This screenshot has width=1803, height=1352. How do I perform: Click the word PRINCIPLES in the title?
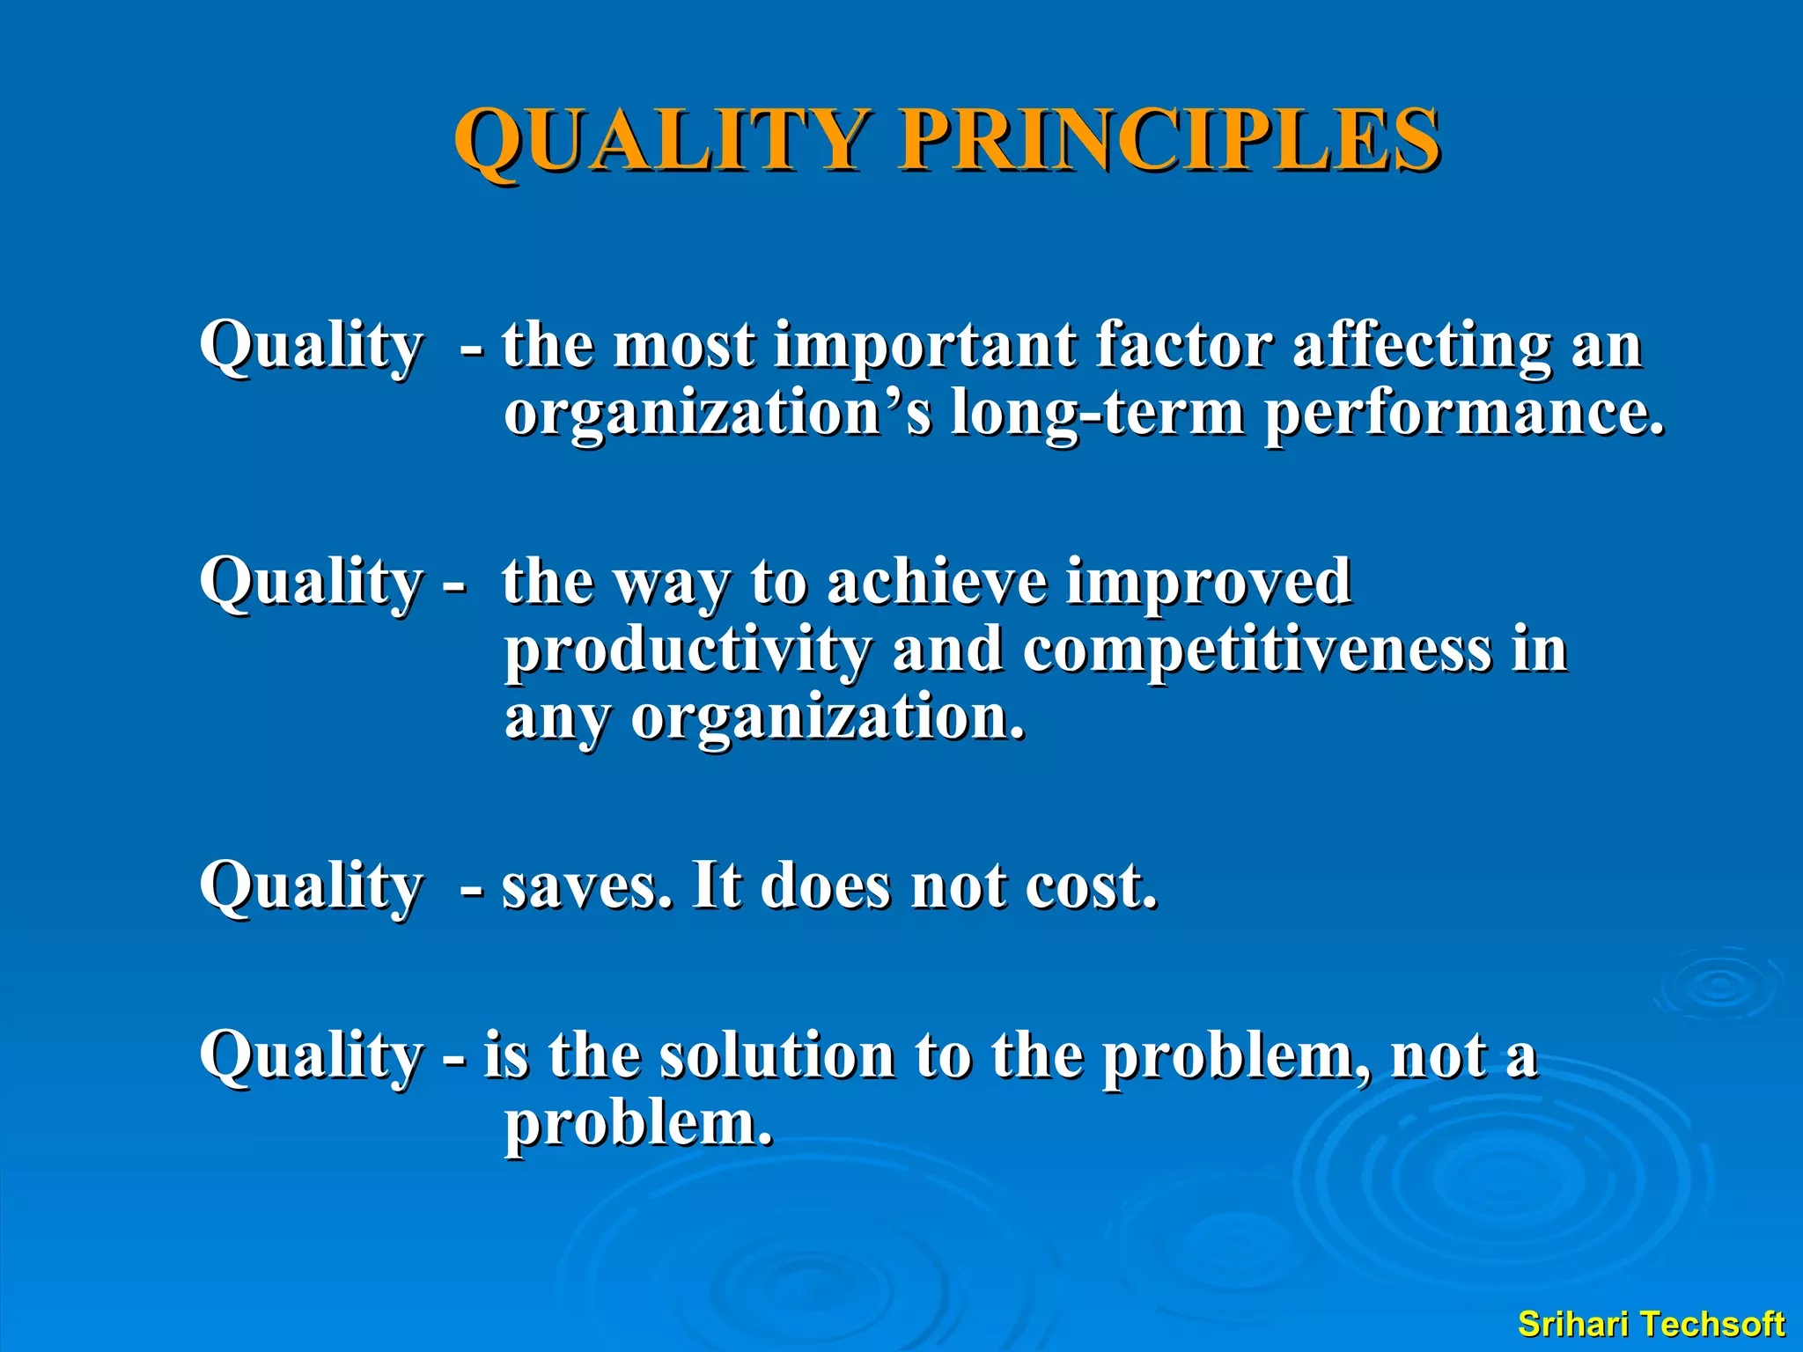click(x=1168, y=141)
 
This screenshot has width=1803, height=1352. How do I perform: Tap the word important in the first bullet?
click(x=924, y=345)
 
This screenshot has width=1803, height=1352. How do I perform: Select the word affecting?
click(x=1422, y=345)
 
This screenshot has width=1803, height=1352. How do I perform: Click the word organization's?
click(x=718, y=414)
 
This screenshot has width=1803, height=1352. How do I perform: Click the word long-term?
click(x=1098, y=414)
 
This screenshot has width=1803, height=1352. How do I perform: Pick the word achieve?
click(x=937, y=582)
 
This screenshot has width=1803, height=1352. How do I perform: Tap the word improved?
click(x=1208, y=582)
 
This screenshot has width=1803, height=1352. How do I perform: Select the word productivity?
click(x=688, y=651)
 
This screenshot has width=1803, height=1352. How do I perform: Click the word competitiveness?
click(x=1257, y=651)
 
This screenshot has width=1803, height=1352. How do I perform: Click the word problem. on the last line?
click(x=638, y=1125)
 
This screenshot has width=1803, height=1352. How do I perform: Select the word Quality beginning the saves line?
click(x=311, y=885)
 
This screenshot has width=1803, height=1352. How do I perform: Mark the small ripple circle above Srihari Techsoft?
click(x=1718, y=987)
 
